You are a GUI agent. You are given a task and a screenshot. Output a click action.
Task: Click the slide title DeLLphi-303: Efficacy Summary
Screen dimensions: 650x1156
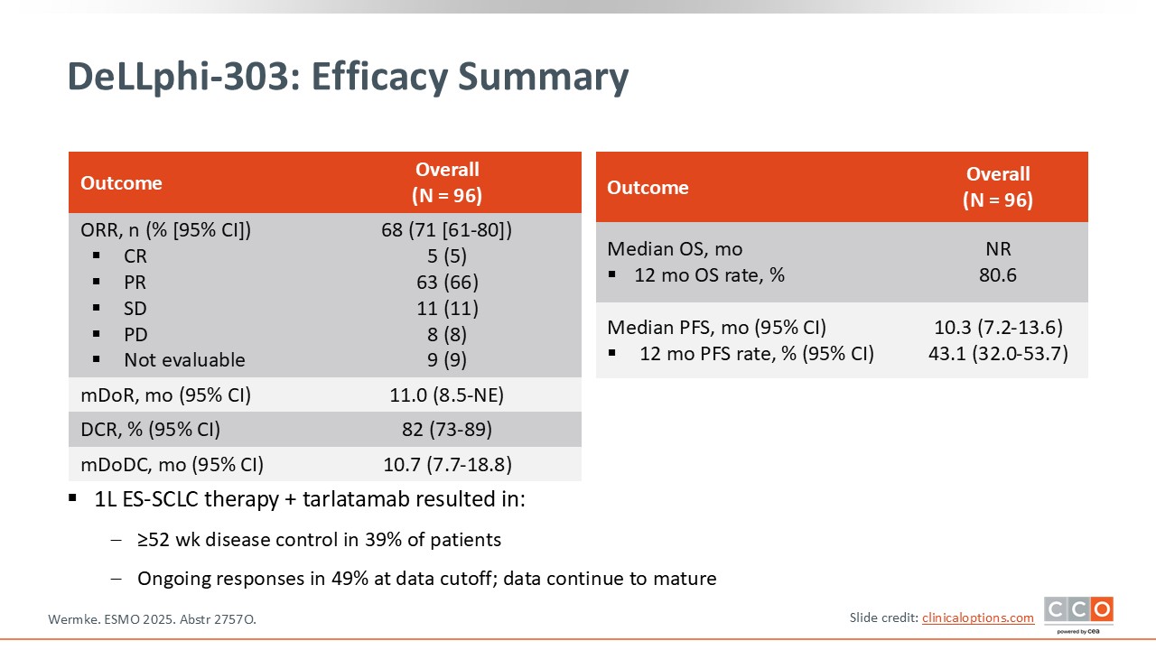pyautogui.click(x=348, y=78)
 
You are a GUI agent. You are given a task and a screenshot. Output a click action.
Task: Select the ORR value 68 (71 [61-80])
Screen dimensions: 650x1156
pyautogui.click(x=447, y=230)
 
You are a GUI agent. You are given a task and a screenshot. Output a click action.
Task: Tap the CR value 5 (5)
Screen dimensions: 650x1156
pyautogui.click(x=447, y=256)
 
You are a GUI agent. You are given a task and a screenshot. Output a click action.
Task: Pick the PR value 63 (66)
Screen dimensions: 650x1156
pyautogui.click(x=447, y=283)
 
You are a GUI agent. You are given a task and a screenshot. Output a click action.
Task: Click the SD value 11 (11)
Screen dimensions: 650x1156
pyautogui.click(x=447, y=309)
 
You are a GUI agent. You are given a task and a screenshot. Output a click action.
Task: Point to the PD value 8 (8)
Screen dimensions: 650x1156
pyautogui.click(x=447, y=334)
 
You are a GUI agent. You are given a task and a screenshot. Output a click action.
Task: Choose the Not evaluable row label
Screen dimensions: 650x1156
pyautogui.click(x=184, y=360)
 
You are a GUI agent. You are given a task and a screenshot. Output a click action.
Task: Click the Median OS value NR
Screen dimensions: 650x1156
pyautogui.click(x=998, y=249)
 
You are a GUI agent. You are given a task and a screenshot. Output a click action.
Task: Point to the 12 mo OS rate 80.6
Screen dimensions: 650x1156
pyautogui.click(x=998, y=275)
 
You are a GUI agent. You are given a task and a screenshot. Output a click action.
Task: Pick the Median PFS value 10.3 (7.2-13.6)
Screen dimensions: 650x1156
pyautogui.click(x=998, y=328)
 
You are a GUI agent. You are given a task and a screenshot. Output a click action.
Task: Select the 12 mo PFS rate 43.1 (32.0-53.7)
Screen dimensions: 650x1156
pyautogui.click(x=998, y=354)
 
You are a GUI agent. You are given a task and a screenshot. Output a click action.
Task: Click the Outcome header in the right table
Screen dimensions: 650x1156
pyautogui.click(x=648, y=188)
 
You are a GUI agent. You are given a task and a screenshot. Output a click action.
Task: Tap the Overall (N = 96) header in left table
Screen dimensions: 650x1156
pyautogui.click(x=447, y=182)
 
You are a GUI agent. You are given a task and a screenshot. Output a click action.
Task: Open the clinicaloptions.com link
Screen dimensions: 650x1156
pyautogui.click(x=977, y=617)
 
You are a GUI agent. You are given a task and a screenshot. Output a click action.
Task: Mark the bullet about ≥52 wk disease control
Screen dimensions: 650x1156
pyautogui.click(x=319, y=541)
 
